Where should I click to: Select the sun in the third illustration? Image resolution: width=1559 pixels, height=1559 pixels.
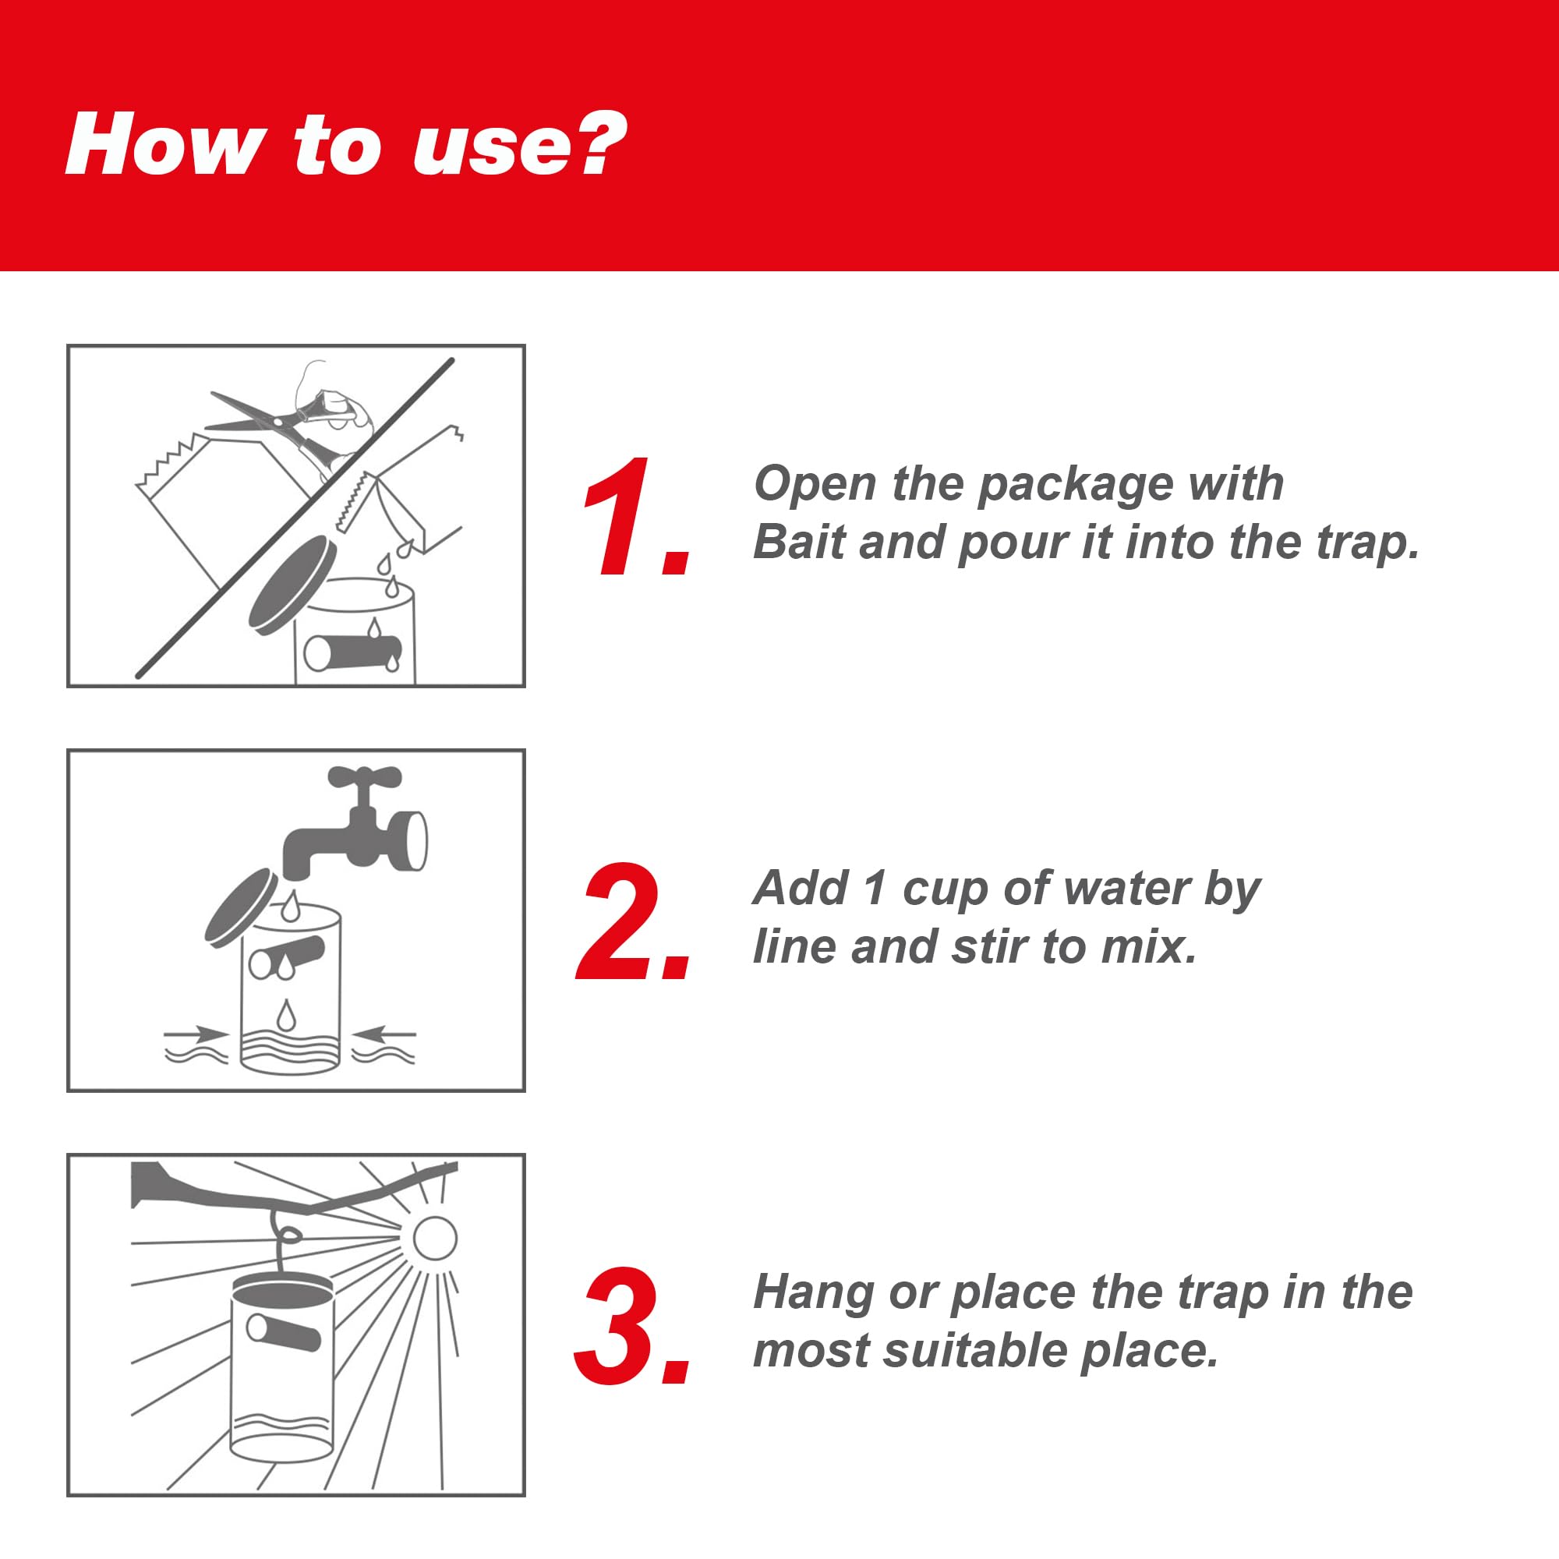pyautogui.click(x=435, y=1237)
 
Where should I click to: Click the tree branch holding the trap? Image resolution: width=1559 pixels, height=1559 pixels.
pyautogui.click(x=295, y=1190)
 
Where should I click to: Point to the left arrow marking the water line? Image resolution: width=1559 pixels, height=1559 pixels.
pyautogui.click(x=197, y=1034)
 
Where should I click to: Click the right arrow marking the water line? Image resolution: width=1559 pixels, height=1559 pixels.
pyautogui.click(x=385, y=1034)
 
